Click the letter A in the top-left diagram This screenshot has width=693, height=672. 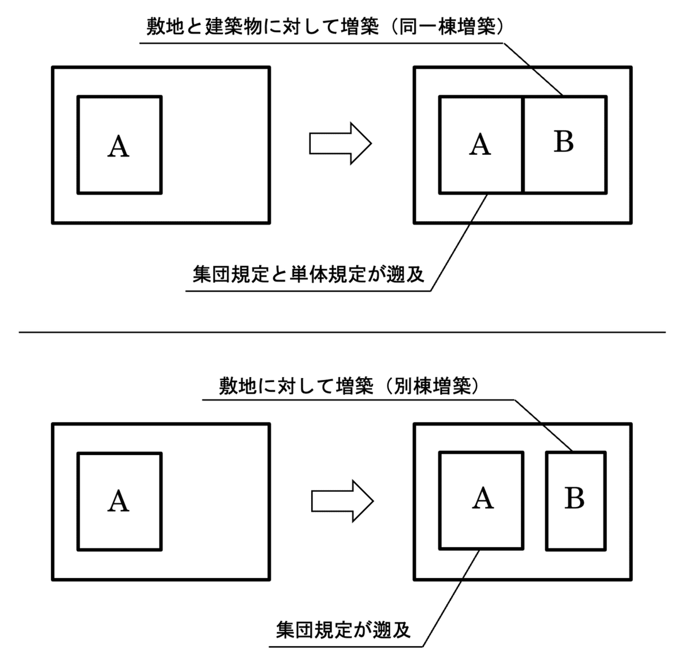tap(118, 146)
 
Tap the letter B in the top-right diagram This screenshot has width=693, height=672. tap(564, 141)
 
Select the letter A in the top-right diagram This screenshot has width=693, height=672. tap(480, 144)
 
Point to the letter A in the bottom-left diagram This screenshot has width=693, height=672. tap(118, 501)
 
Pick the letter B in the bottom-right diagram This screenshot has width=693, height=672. tap(575, 498)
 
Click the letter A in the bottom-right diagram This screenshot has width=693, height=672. tap(483, 498)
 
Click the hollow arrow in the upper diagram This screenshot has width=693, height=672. tap(340, 143)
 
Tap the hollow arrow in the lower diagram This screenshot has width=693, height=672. tap(342, 501)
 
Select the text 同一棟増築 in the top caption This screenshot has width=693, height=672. tap(448, 27)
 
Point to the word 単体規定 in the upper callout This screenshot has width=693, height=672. tap(327, 274)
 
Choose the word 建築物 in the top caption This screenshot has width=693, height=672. tap(234, 27)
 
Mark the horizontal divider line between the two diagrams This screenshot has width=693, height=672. tap(342, 333)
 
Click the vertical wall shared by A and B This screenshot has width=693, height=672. tap(523, 144)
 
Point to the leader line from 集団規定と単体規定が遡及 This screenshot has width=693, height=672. tap(459, 242)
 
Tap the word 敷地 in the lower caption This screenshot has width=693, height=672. tap(238, 386)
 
